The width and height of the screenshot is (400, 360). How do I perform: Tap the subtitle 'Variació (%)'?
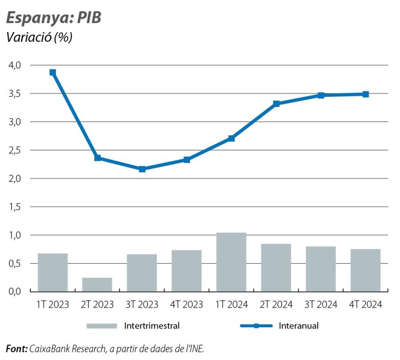[39, 37]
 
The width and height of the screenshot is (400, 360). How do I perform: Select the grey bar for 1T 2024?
[231, 262]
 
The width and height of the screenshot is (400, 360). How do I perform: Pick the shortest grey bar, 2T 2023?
[97, 284]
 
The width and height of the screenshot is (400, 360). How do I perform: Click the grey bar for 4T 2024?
[365, 270]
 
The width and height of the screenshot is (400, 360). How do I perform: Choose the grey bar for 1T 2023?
[52, 272]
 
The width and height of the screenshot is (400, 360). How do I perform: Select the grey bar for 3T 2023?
[142, 272]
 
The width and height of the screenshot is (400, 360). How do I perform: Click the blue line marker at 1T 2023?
[52, 72]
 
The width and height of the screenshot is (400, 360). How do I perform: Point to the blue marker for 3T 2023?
[142, 169]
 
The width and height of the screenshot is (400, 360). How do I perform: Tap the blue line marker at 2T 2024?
[276, 104]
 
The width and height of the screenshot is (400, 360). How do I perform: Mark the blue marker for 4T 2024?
[365, 94]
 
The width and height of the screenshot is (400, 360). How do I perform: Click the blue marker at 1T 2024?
[231, 138]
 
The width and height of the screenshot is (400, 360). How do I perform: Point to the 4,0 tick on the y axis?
[15, 65]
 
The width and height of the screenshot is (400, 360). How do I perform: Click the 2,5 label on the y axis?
[15, 150]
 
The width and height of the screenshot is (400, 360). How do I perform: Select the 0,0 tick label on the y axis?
[15, 292]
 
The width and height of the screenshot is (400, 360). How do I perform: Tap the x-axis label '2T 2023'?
[97, 305]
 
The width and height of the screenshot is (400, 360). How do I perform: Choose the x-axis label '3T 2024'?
[320, 305]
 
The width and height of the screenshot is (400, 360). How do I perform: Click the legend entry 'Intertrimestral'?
[152, 326]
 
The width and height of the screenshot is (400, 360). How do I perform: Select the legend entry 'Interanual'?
[298, 326]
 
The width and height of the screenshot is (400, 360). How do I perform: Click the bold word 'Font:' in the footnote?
[16, 348]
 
